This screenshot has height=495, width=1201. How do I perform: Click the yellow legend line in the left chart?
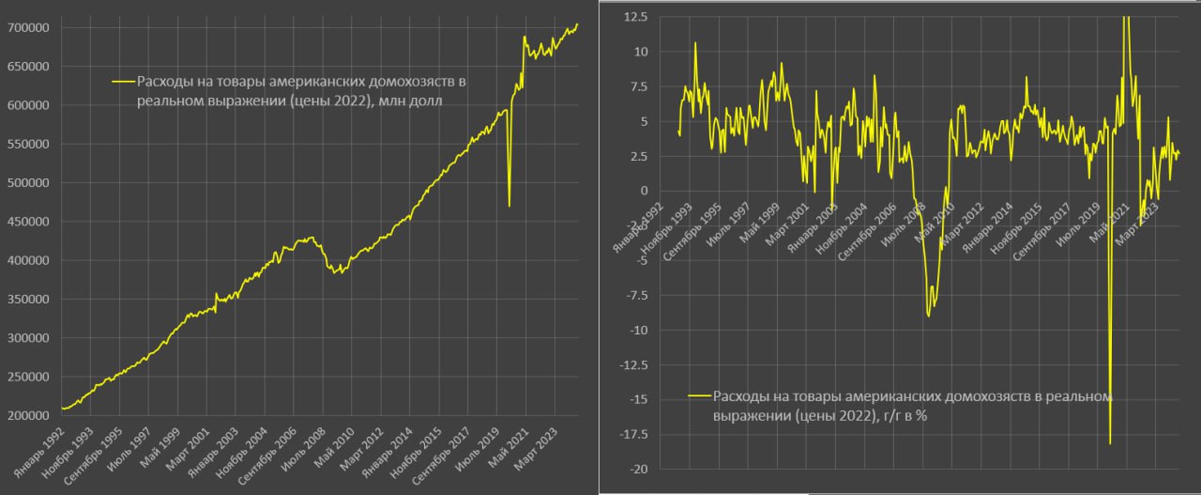(x=123, y=82)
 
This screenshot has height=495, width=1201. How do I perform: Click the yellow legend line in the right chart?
(x=699, y=395)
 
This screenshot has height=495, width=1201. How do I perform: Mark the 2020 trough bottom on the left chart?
(x=509, y=207)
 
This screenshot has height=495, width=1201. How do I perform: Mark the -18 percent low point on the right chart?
(x=1110, y=443)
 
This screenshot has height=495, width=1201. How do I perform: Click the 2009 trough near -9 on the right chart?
(x=928, y=316)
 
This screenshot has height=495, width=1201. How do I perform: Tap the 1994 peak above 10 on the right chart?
(x=695, y=42)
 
